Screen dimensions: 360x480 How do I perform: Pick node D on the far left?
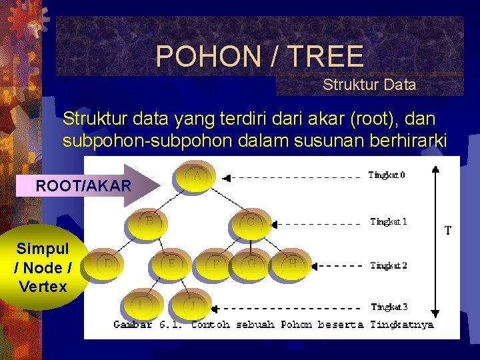pos(107,265)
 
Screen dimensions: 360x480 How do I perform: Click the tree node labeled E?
pos(173,265)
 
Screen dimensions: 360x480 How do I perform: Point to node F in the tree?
pos(216,265)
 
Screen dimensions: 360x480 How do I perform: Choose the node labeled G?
pos(251,265)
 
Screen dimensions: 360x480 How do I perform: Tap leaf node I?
pos(140,305)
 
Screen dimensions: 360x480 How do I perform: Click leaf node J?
pos(192,305)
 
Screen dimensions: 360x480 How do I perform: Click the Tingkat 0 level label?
pos(387,175)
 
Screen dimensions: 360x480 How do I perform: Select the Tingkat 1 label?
pos(389,221)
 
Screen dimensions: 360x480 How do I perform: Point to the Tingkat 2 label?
pos(389,265)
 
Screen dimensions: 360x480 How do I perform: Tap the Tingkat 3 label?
pos(389,307)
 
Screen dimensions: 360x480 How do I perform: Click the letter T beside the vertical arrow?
pos(448,231)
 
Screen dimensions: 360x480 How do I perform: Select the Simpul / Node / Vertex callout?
pos(43,268)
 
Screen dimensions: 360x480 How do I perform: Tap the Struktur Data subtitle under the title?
pos(369,85)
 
